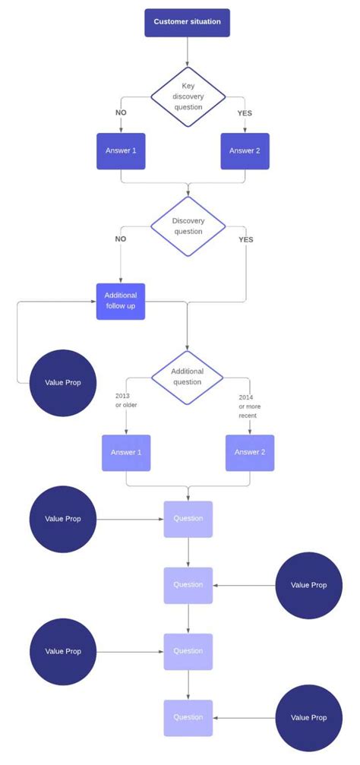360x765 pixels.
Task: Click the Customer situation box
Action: pos(187,22)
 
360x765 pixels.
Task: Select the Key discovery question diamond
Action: pos(188,96)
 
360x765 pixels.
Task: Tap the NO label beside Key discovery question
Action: pos(121,113)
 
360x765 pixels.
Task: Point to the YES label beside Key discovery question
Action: pos(245,113)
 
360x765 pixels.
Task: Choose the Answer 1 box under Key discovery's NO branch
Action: pos(121,151)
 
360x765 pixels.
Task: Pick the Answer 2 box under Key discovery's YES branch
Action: pos(245,151)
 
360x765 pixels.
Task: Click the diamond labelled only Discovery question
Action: pos(188,226)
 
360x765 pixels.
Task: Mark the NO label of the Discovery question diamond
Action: pos(121,239)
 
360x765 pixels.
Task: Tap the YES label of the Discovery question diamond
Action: pos(246,239)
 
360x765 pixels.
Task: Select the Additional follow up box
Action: pos(121,301)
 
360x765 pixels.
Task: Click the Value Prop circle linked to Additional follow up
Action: pos(63,382)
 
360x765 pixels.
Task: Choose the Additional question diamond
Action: pos(187,376)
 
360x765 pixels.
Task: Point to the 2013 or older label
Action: pos(126,400)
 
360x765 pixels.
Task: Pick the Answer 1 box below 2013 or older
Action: pos(126,453)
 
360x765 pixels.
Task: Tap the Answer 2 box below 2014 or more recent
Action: pos(250,453)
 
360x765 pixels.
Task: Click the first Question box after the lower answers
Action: pos(188,519)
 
